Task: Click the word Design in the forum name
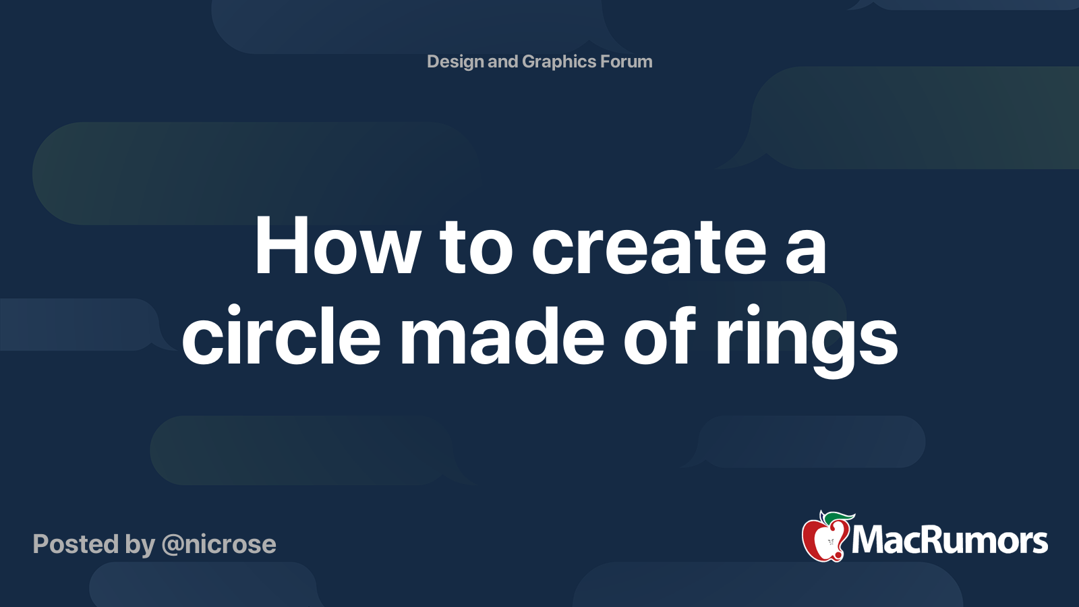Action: [455, 62]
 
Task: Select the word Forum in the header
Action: [626, 62]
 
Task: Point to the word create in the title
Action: [649, 247]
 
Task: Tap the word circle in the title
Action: [281, 336]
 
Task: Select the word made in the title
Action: [502, 336]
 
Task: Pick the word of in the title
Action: [659, 336]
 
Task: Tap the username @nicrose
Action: [218, 544]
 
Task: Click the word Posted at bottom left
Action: [76, 544]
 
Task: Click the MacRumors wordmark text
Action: [950, 540]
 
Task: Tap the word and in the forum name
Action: [502, 62]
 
